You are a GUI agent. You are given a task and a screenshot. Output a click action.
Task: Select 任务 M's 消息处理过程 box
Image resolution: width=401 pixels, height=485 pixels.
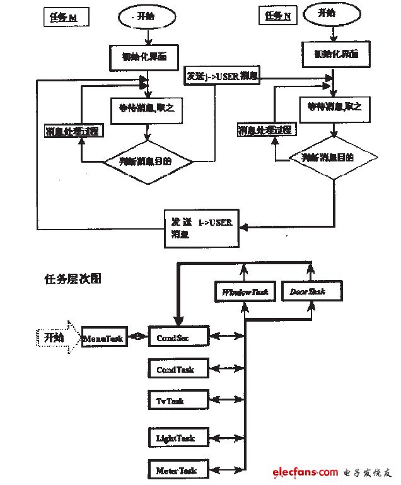74,132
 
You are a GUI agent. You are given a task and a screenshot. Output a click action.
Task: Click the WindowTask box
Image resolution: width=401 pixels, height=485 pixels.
243,291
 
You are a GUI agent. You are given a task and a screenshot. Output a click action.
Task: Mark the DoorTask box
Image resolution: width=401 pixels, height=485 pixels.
311,291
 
